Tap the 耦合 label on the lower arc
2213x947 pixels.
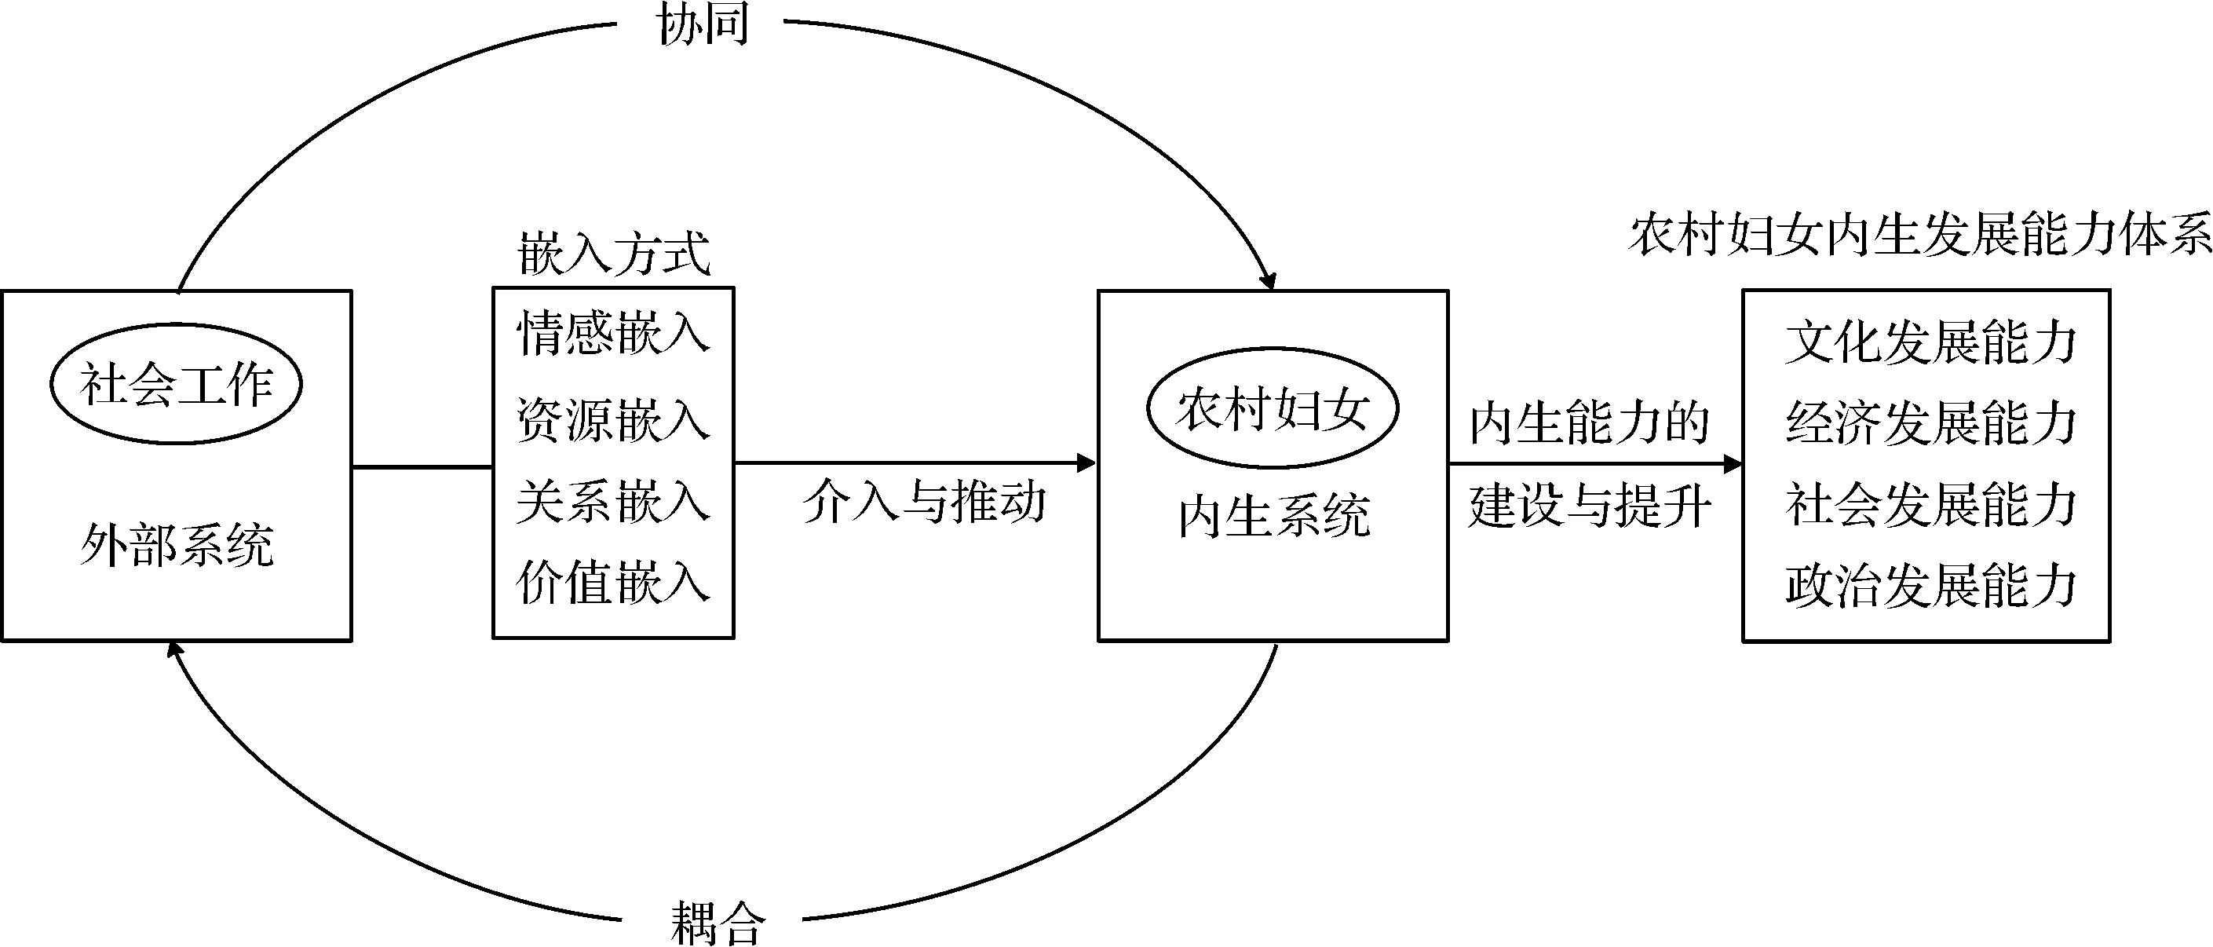(716, 922)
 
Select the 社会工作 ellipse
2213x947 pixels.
(176, 383)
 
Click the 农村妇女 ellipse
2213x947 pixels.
(1273, 408)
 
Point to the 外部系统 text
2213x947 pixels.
(177, 543)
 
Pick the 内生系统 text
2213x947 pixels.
(1273, 516)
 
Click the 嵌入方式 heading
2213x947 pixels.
(613, 254)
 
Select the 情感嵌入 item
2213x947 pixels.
(613, 333)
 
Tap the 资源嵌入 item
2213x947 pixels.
(613, 420)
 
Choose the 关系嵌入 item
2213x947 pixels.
(613, 501)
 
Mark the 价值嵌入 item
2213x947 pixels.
(613, 582)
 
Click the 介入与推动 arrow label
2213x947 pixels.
(925, 501)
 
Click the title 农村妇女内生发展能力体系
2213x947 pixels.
(1919, 235)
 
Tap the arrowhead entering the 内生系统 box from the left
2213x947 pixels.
(1087, 463)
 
